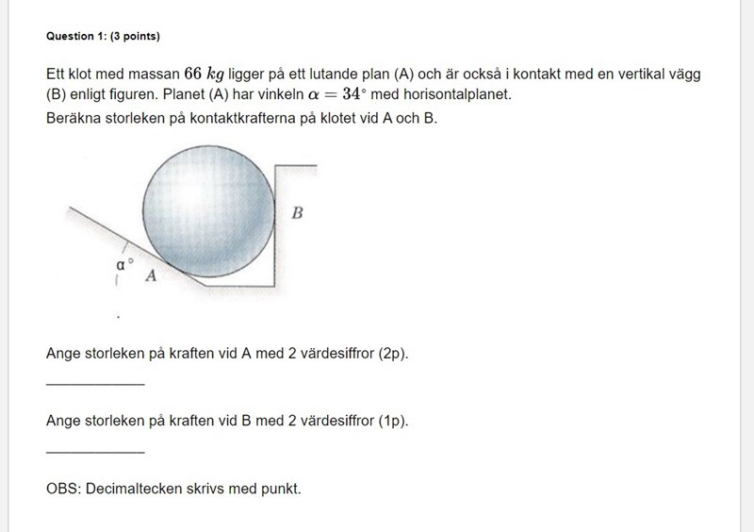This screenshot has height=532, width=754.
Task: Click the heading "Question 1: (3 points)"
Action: [x=103, y=37]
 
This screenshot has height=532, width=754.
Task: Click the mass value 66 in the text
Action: [x=193, y=75]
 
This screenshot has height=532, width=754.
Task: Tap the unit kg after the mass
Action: [x=215, y=75]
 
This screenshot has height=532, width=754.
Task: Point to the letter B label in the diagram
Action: [x=297, y=213]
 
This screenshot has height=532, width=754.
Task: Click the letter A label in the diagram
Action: [x=150, y=276]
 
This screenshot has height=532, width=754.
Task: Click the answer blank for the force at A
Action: [x=95, y=380]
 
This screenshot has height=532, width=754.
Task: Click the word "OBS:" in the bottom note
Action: [x=64, y=490]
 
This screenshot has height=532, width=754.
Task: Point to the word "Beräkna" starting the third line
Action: [x=73, y=120]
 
